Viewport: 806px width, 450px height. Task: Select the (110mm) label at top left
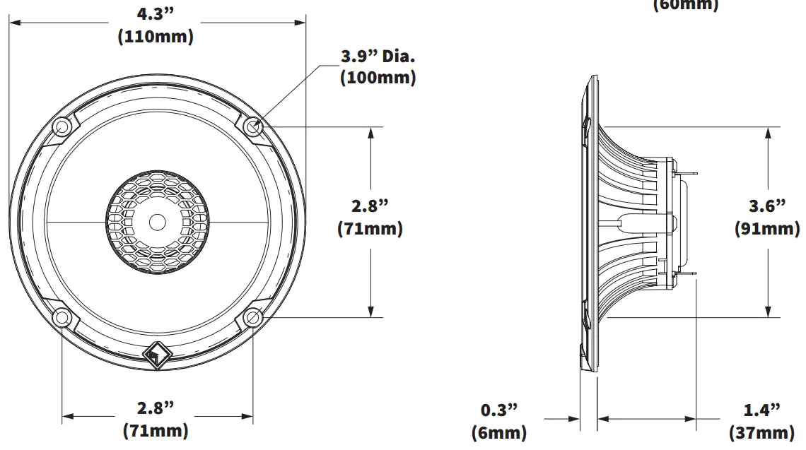[x=156, y=37]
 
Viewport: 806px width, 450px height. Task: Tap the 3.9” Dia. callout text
[x=378, y=57]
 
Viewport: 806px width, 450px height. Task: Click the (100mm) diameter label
[x=378, y=78]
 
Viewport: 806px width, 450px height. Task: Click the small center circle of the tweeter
[x=157, y=222]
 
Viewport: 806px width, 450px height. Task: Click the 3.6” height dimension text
[x=767, y=206]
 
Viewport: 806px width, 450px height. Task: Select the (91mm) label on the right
[x=767, y=229]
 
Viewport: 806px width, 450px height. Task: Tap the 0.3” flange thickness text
[x=499, y=410]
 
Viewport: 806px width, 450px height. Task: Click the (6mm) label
[x=499, y=432]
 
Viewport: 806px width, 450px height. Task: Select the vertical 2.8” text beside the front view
[x=370, y=206]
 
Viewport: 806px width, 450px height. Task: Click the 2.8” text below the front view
[x=156, y=408]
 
